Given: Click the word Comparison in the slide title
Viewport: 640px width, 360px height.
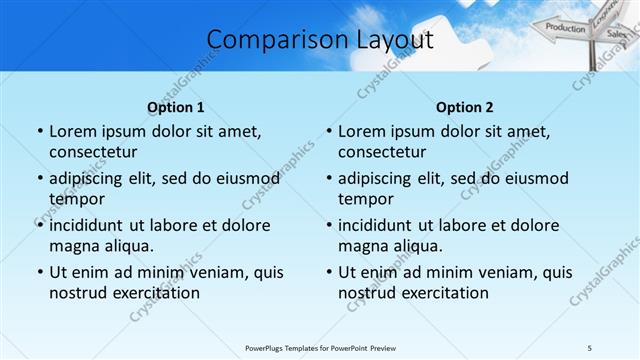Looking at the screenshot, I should [268, 40].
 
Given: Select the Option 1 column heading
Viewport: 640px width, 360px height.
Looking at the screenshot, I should [175, 107].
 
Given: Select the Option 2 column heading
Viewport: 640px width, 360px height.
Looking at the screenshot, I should [465, 107].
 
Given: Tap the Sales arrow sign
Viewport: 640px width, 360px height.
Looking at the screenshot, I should [616, 34].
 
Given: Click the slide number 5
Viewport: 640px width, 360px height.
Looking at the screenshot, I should [590, 346].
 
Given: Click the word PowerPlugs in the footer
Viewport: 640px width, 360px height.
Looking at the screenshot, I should [268, 346].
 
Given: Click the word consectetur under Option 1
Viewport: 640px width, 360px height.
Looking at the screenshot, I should [92, 152].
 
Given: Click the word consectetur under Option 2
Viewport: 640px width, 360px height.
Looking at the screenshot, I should [381, 152].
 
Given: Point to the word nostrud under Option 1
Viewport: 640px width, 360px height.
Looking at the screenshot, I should [76, 293].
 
